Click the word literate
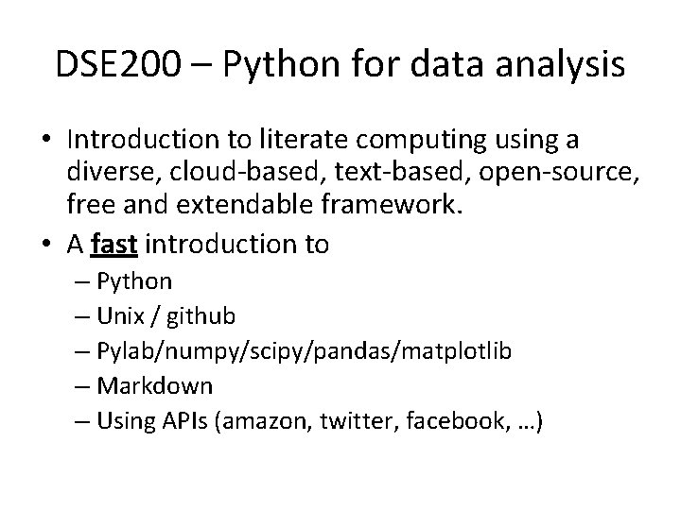click(288, 141)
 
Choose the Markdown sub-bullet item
click(165, 386)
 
